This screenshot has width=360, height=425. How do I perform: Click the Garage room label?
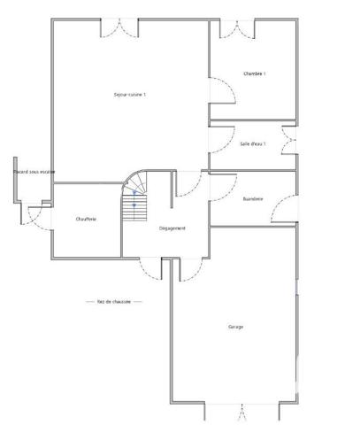235,327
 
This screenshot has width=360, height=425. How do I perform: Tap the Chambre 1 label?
255,73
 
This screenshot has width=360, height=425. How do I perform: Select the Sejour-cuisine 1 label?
130,95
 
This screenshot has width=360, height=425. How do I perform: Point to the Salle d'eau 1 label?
253,143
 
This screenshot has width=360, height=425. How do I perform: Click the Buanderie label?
253,198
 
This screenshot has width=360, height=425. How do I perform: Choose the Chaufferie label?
86,219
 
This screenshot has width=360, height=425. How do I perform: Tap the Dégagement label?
172,228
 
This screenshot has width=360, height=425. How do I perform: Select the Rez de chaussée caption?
114,301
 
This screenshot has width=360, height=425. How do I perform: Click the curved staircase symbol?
137,197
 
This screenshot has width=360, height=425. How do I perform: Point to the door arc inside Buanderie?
285,212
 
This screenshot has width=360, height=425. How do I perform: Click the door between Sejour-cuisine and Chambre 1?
215,91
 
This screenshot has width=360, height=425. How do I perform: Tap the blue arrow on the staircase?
134,197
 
